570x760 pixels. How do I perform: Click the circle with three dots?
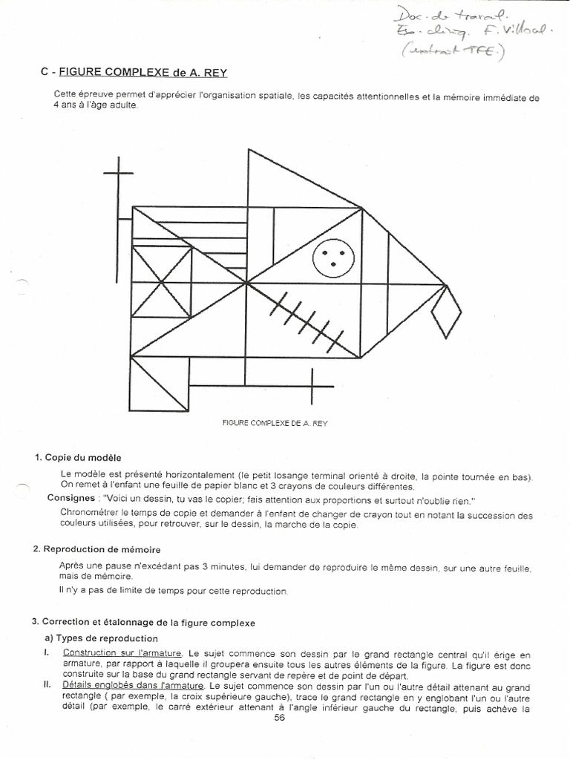tap(333, 258)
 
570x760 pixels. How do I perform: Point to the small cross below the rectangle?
tap(312, 384)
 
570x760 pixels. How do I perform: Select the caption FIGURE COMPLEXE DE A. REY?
tap(275, 423)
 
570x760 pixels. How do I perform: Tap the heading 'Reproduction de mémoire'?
tap(102, 549)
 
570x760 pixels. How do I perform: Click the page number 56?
tap(280, 718)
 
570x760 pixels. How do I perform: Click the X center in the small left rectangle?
tap(161, 282)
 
